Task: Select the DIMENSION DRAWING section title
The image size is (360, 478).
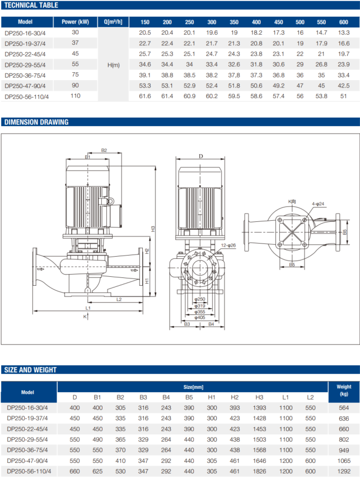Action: (x=36, y=122)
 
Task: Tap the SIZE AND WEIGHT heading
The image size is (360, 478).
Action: (x=30, y=370)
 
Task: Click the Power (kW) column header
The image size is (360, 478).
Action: (x=75, y=22)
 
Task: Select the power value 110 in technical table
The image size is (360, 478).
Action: (x=75, y=96)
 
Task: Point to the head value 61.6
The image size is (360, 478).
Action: (x=145, y=96)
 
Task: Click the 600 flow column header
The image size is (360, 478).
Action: (x=343, y=22)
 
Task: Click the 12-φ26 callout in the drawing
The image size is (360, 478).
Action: (x=228, y=245)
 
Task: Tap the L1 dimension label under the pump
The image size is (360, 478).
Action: (x=88, y=308)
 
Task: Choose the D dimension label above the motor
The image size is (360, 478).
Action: (x=200, y=156)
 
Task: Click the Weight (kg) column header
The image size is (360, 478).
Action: (x=344, y=390)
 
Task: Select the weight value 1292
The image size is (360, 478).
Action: (x=344, y=471)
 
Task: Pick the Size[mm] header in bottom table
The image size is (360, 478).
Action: (x=193, y=387)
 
